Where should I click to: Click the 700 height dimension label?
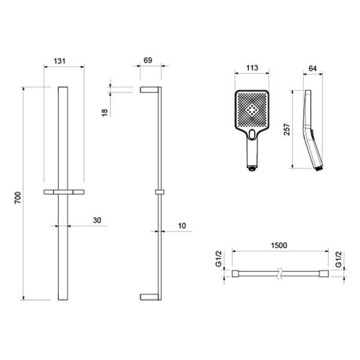(18, 197)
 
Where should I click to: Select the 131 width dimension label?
(59, 61)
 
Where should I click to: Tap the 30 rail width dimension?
(97, 220)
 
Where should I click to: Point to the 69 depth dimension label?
(148, 61)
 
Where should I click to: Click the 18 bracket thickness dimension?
(104, 113)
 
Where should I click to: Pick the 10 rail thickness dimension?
(182, 226)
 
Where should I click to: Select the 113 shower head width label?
(252, 68)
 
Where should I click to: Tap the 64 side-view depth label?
(313, 68)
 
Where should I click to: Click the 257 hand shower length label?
(287, 129)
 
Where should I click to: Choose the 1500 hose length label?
(279, 245)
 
